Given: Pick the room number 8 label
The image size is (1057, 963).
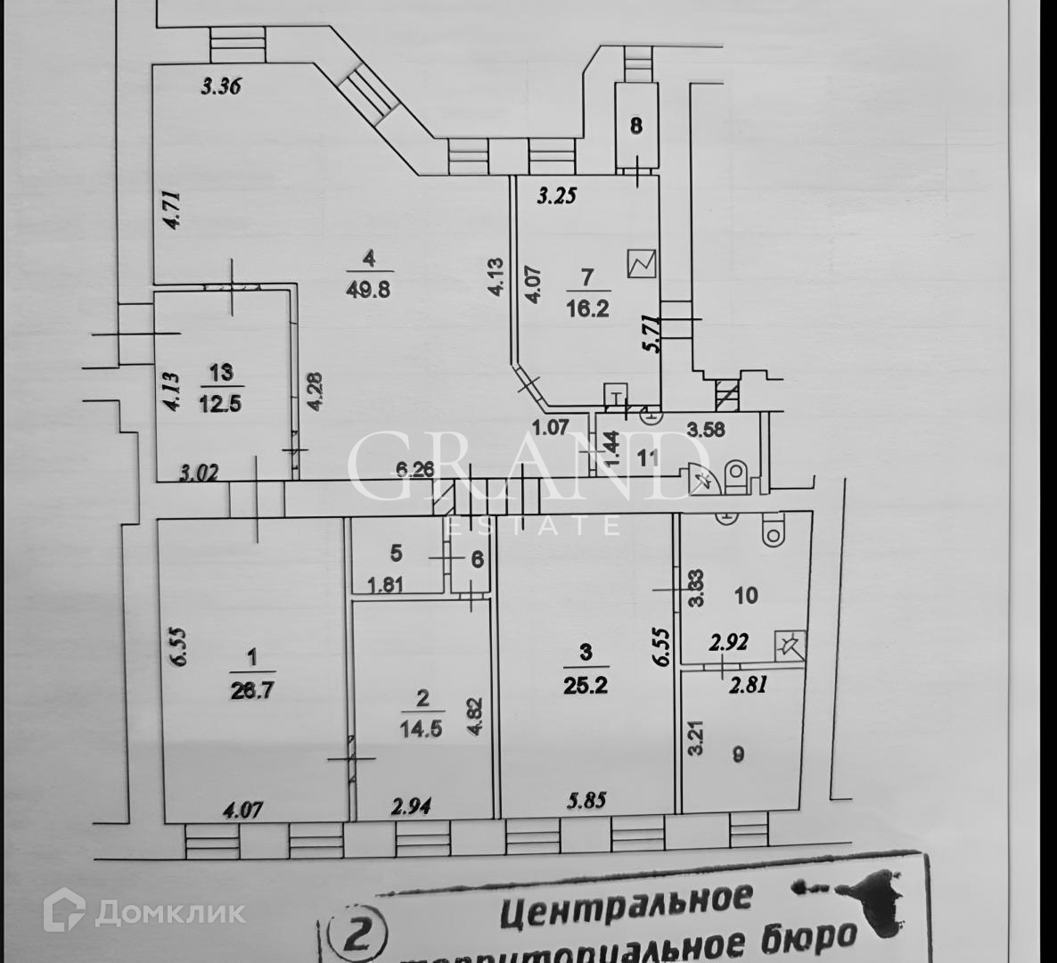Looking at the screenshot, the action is [635, 126].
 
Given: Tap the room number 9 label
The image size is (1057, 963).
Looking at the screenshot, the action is [737, 754].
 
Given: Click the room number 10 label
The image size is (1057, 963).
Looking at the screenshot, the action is [747, 594].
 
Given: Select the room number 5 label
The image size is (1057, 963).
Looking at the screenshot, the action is [396, 553].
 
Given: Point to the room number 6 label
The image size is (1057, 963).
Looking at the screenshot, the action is [476, 560].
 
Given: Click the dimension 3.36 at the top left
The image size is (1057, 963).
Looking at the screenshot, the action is [223, 86].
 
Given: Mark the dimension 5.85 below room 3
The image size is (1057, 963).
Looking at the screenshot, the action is [585, 799].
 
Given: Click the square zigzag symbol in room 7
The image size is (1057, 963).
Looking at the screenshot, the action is [642, 263].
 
